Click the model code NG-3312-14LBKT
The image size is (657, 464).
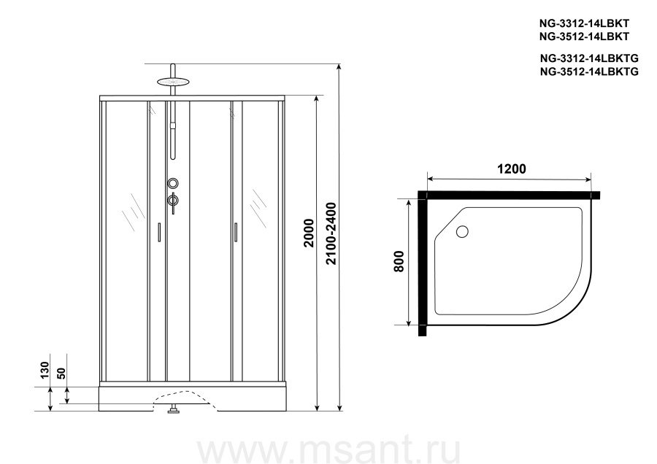[x=584, y=23]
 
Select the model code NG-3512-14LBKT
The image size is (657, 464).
[x=584, y=37]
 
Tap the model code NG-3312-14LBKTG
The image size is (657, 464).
[x=589, y=58]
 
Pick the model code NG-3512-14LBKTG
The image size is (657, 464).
[x=589, y=71]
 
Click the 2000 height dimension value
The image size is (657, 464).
[x=310, y=233]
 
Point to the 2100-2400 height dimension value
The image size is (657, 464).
[x=331, y=233]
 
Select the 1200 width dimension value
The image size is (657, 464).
[x=512, y=169]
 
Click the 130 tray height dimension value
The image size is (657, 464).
[x=45, y=370]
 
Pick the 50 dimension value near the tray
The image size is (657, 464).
[x=61, y=373]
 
